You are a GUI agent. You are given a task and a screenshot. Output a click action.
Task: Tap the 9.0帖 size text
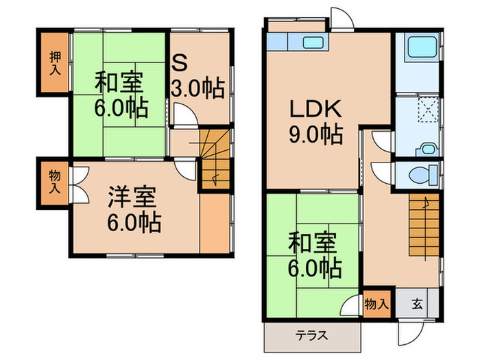click(315, 135)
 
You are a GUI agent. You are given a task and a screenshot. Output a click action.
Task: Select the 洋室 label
click(133, 197)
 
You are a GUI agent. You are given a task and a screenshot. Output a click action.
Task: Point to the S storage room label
click(179, 64)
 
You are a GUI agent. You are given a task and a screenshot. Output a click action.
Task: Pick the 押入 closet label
click(53, 63)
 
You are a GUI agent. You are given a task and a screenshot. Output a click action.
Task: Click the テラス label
click(311, 336)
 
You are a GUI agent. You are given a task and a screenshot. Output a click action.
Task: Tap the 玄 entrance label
click(418, 302)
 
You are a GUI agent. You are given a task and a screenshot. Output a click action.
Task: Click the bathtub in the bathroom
click(418, 49)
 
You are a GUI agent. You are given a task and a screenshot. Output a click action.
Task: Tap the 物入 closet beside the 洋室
click(53, 182)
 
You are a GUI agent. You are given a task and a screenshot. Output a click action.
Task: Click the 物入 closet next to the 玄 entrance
click(376, 302)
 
